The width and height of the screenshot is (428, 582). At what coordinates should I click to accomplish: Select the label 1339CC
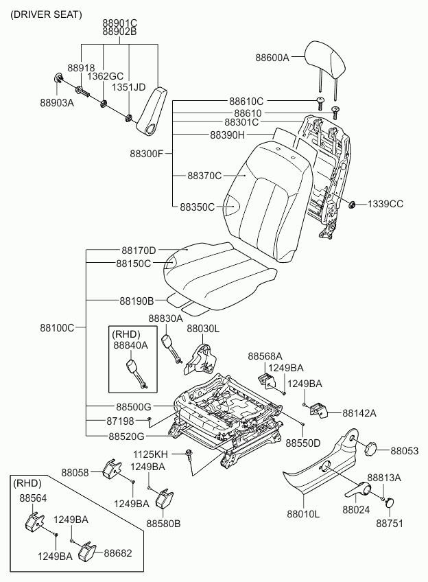385,204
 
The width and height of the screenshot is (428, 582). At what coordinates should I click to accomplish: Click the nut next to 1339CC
352,204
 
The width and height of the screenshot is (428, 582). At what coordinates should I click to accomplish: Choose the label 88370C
204,176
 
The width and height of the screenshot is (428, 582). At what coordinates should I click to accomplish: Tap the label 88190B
136,301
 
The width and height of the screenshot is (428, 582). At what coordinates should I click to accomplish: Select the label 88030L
203,329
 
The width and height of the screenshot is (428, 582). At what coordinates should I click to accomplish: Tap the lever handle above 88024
357,490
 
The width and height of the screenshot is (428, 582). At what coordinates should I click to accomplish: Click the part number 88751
389,523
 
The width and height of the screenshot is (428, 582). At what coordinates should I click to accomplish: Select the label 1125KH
150,454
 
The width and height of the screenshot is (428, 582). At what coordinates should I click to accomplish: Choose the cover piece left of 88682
88,551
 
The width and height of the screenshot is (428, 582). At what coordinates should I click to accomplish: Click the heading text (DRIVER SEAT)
47,14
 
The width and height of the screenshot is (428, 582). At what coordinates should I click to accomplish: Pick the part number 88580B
163,524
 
